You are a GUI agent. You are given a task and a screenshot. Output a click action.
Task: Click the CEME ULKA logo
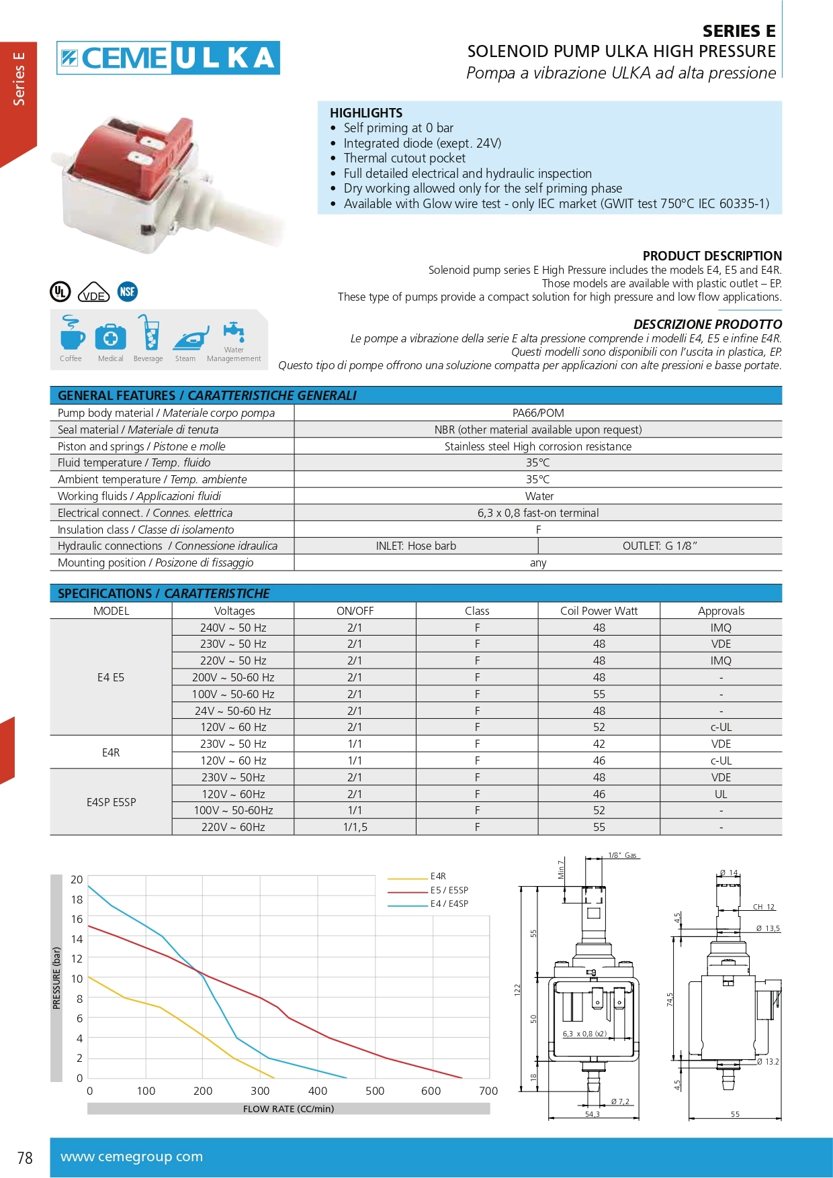pos(168,58)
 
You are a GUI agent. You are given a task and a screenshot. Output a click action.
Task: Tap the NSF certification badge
pos(127,291)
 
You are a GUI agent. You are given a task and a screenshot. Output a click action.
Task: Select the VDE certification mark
pos(93,293)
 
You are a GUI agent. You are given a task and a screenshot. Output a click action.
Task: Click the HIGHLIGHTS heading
pos(366,113)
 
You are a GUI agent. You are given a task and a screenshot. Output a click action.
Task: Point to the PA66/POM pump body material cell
pos(538,413)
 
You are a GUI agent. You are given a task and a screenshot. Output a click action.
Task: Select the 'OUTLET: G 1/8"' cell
pos(660,546)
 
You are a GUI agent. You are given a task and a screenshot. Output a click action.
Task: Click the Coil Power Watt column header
pos(599,611)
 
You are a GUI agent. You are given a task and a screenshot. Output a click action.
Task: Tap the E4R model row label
pos(111,752)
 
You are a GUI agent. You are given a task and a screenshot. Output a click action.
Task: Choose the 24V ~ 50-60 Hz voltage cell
pos(233,711)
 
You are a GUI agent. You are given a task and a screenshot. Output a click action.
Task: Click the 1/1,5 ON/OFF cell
pos(355,828)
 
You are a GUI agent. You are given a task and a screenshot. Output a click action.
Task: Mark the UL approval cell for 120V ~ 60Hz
pos(721,794)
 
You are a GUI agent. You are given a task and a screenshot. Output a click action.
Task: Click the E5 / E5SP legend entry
pos(449,890)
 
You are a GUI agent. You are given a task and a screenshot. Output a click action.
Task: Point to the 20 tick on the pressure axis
pos(77,879)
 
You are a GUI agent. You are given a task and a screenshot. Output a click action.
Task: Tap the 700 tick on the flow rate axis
pos(488,1091)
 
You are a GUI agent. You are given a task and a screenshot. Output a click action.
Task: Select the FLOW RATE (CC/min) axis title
pos(288,1109)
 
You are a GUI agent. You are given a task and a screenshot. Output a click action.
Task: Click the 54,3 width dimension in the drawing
pos(592,1114)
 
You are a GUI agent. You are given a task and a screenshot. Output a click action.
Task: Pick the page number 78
pos(25,1158)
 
